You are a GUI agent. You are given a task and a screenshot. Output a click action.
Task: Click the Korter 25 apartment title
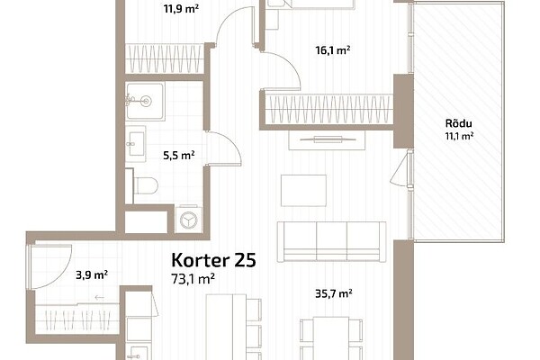pos(213,260)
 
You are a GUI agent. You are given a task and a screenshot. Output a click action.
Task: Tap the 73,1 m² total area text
pos(193,279)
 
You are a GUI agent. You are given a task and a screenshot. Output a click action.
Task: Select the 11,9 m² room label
pos(181,9)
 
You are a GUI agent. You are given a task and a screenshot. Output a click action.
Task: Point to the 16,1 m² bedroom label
pos(333,50)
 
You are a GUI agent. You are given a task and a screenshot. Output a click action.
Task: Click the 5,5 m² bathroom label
pos(179,156)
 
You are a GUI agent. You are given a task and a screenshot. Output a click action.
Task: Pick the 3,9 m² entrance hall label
pos(92,274)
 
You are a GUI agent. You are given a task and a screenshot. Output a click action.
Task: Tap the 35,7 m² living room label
pos(334,293)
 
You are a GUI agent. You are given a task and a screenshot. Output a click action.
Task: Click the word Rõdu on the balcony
pos(459,123)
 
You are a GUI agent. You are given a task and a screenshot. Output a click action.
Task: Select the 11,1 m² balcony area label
pos(459,136)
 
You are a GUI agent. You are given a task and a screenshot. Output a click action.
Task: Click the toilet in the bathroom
pos(145,186)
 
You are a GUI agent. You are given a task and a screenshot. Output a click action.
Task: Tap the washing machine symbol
pos(189,220)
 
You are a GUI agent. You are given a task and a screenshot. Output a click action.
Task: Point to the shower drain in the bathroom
pos(146,102)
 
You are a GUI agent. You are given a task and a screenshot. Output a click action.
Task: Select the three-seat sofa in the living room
pos(331,241)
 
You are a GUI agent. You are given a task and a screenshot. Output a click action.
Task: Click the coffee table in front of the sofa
pos(303,191)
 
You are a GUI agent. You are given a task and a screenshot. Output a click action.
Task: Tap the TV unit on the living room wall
pos(327,139)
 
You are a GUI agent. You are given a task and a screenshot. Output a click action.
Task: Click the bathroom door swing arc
pos(230,141)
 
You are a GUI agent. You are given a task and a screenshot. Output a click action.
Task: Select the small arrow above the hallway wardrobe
pos(100,297)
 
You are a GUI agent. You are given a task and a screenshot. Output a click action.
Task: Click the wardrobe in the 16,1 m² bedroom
pos(328,109)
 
